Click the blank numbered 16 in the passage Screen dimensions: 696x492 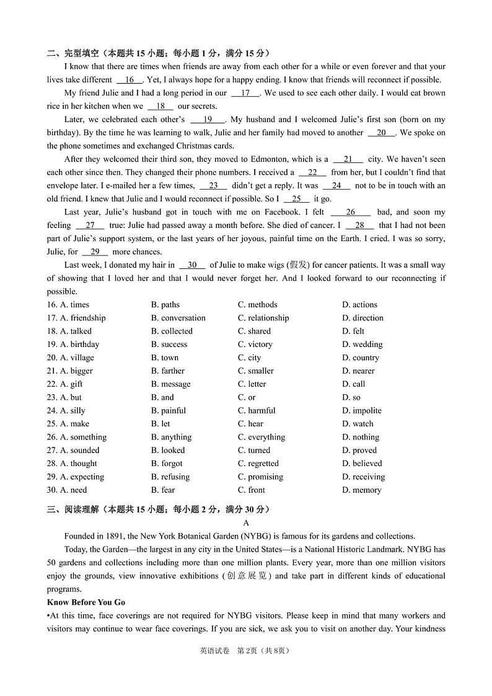[130, 80]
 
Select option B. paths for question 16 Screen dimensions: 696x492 [165, 305]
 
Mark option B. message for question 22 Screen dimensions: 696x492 [171, 384]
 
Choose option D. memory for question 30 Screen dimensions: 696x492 [362, 490]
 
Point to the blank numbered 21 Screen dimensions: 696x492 [348, 159]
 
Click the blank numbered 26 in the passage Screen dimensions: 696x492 [350, 212]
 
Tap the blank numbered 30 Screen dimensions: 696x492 [192, 265]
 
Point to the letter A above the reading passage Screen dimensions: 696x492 [246, 523]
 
